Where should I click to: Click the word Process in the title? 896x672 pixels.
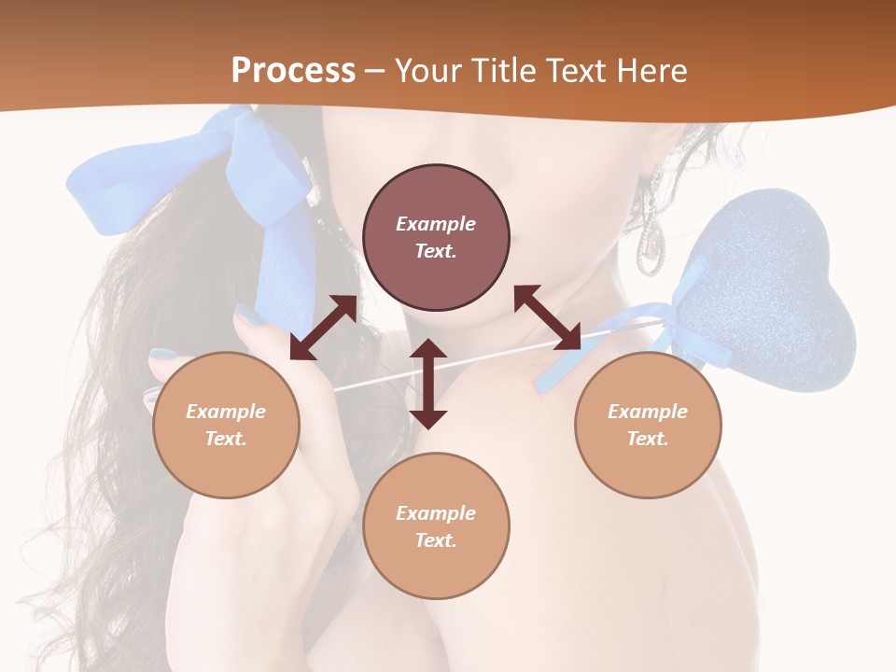(293, 70)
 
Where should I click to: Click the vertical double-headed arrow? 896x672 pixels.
(428, 384)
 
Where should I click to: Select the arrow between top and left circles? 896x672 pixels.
(323, 328)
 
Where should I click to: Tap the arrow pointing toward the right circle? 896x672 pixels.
(548, 317)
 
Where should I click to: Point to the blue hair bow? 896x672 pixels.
(196, 168)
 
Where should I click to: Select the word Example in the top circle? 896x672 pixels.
(436, 224)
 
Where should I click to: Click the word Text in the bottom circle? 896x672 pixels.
(436, 540)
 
